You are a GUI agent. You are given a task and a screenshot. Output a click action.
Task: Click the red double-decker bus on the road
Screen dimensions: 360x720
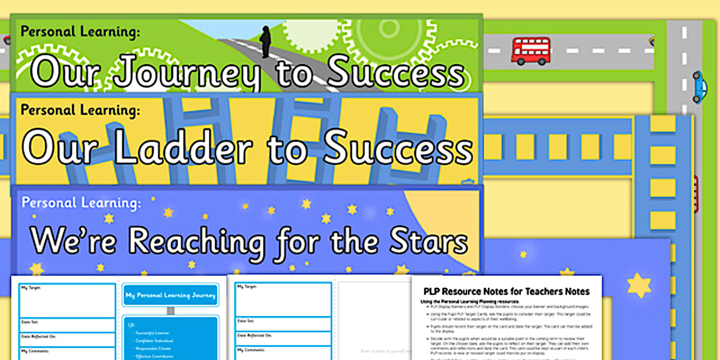[x=531, y=50]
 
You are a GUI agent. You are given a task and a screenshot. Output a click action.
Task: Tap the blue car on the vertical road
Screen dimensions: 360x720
[x=699, y=87]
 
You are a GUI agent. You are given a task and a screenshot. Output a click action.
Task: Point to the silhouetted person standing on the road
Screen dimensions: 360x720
[x=266, y=42]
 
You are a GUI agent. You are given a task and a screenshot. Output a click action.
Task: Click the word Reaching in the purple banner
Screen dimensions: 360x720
[x=196, y=242]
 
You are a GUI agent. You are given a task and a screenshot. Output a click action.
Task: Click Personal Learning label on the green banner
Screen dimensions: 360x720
[x=79, y=31]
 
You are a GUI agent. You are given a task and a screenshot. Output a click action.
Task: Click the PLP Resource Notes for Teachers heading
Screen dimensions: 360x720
[x=506, y=291]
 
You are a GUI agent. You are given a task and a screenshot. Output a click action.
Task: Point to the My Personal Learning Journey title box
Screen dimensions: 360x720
[x=170, y=295]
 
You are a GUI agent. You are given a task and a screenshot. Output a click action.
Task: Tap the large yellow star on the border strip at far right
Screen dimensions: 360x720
[x=639, y=285]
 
